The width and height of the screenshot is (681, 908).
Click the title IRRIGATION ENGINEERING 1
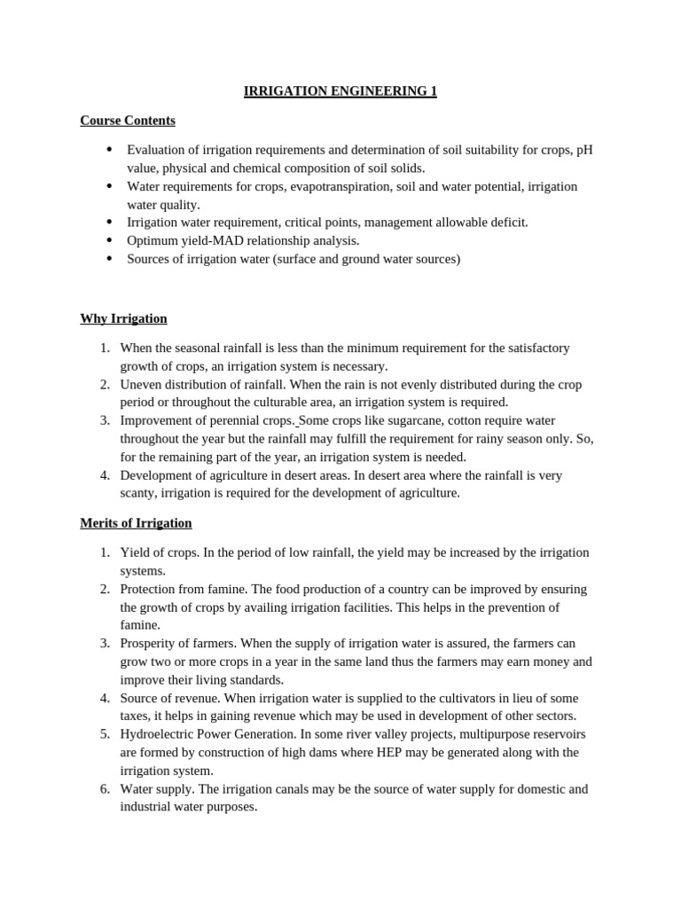(340, 91)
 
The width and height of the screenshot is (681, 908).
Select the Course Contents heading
(128, 121)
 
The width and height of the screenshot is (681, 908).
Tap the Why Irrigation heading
(123, 318)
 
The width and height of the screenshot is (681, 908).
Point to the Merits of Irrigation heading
(136, 523)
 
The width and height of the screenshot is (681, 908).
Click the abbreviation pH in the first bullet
(584, 149)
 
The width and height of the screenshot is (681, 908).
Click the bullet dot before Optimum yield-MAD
(109, 240)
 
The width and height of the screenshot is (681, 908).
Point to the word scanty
(138, 493)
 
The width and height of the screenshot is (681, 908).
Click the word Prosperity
(148, 643)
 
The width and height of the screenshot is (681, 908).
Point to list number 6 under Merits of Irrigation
(105, 789)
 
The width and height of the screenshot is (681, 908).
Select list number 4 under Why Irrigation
(105, 475)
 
